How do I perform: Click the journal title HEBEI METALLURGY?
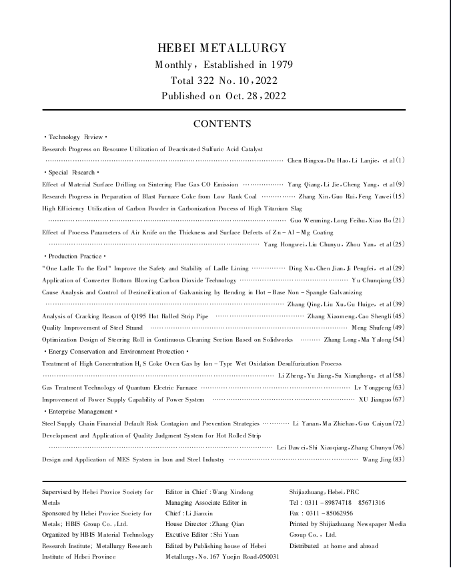point(222,48)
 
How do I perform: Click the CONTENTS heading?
point(222,124)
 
